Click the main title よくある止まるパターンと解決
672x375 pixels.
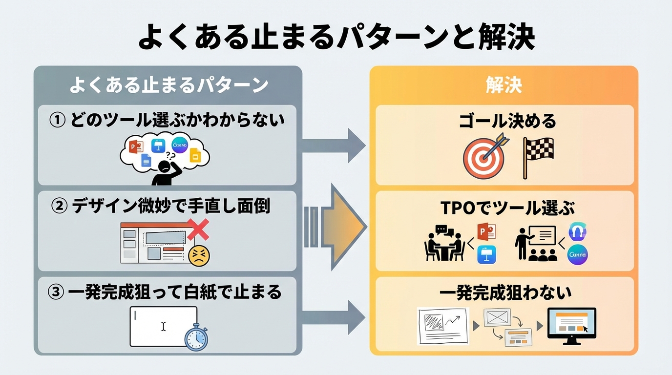(x=336, y=38)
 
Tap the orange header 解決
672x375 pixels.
(x=504, y=85)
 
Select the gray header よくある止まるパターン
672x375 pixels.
(x=168, y=85)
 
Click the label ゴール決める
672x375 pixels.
(x=507, y=121)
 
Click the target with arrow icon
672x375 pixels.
(x=483, y=156)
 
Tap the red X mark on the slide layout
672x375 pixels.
(x=197, y=229)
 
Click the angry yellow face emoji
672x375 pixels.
(x=198, y=255)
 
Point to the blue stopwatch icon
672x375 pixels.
(x=196, y=337)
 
